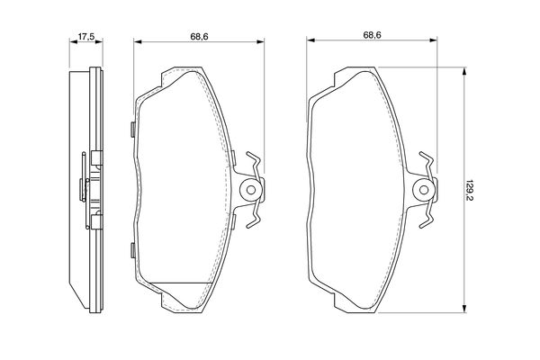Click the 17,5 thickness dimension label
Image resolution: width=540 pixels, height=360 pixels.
coord(86,36)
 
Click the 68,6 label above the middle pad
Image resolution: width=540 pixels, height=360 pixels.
coord(199,36)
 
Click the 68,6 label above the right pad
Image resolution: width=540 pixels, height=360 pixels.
coord(372,35)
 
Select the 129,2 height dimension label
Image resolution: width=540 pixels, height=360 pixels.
coord(469,190)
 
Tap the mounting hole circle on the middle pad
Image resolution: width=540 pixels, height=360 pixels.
coord(251,190)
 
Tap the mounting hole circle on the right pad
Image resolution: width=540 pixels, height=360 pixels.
coord(424,190)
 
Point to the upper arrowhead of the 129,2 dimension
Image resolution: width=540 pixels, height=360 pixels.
coord(464,71)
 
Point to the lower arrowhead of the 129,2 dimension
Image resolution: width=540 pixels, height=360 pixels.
coord(464,309)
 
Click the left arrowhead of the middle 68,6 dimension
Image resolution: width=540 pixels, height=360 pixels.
coord(138,42)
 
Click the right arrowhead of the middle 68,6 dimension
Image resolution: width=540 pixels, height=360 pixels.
coord(260,42)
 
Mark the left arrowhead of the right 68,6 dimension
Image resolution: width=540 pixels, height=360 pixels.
coord(310,40)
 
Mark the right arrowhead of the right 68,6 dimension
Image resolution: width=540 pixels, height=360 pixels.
coord(433,40)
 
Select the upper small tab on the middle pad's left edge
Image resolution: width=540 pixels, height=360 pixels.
coord(132,130)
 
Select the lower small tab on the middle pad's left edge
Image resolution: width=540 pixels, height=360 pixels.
coord(132,250)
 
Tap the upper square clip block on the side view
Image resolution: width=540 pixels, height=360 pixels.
coord(97,158)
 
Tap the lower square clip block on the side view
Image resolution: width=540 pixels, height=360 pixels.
coord(97,222)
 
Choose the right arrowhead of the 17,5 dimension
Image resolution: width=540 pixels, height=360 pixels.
coord(99,42)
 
